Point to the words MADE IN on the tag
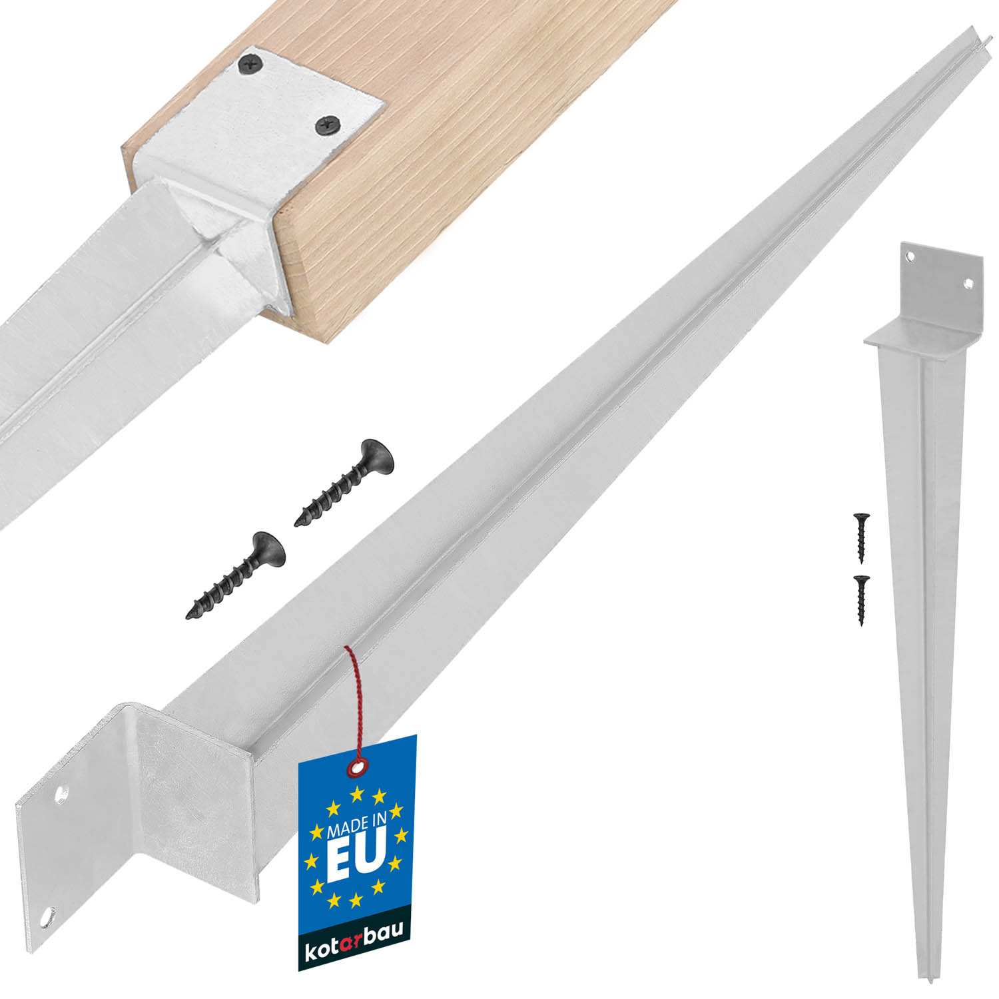(356, 825)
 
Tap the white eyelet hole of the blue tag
(358, 768)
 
